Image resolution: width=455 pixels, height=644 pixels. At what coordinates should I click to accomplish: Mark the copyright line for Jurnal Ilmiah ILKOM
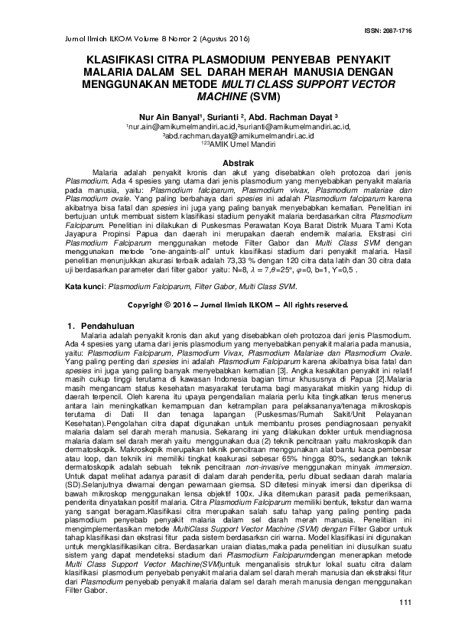point(227,304)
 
